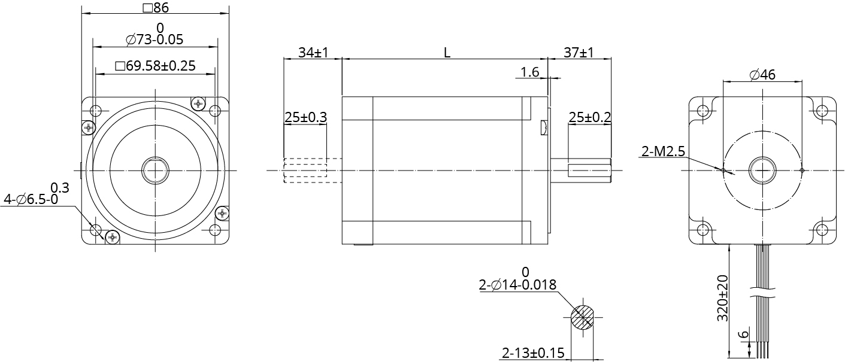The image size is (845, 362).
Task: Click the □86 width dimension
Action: tap(155, 8)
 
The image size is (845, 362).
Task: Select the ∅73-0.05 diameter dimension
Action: tap(155, 40)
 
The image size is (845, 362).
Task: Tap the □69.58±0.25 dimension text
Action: tap(155, 66)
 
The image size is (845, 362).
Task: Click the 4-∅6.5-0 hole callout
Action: tap(31, 199)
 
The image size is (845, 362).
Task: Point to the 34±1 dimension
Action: tap(313, 53)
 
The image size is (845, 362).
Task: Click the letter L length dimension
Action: tap(447, 53)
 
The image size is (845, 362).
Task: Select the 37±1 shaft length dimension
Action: tap(579, 53)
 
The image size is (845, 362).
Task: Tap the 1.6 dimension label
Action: tap(530, 72)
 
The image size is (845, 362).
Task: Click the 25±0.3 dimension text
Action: tap(305, 117)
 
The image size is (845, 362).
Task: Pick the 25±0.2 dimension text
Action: tap(589, 117)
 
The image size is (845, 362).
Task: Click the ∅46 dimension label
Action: tap(762, 75)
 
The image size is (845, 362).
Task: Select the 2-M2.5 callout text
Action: tap(662, 152)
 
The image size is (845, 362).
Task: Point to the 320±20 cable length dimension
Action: tap(722, 298)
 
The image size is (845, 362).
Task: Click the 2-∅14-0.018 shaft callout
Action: tap(517, 285)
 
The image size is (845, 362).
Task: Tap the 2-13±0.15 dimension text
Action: tap(532, 353)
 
